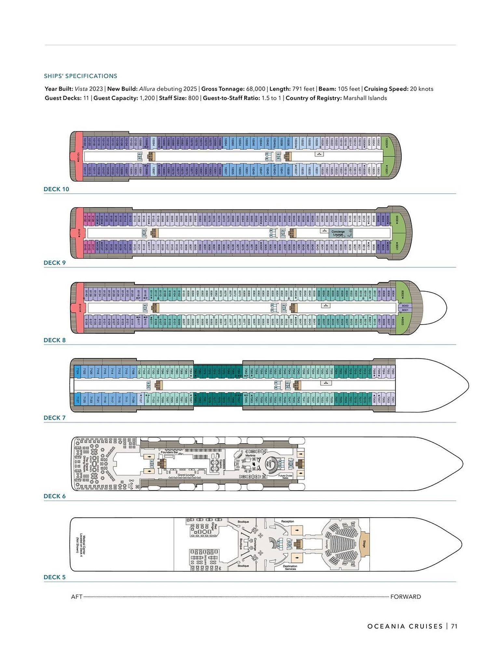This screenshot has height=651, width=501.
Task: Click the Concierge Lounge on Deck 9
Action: [338, 233]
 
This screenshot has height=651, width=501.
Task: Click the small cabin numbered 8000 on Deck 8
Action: [405, 306]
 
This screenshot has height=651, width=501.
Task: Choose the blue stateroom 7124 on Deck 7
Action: [77, 371]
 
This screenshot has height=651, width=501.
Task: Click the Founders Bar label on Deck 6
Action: [169, 452]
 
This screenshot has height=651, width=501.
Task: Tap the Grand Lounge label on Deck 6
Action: [186, 475]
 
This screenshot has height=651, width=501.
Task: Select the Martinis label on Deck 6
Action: [250, 455]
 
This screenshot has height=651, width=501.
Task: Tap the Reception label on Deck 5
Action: [287, 521]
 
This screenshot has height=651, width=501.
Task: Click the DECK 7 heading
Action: [55, 418]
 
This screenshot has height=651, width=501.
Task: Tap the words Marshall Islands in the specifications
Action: [365, 98]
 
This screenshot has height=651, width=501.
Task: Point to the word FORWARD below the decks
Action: [405, 597]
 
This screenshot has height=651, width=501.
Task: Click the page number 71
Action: [454, 626]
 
